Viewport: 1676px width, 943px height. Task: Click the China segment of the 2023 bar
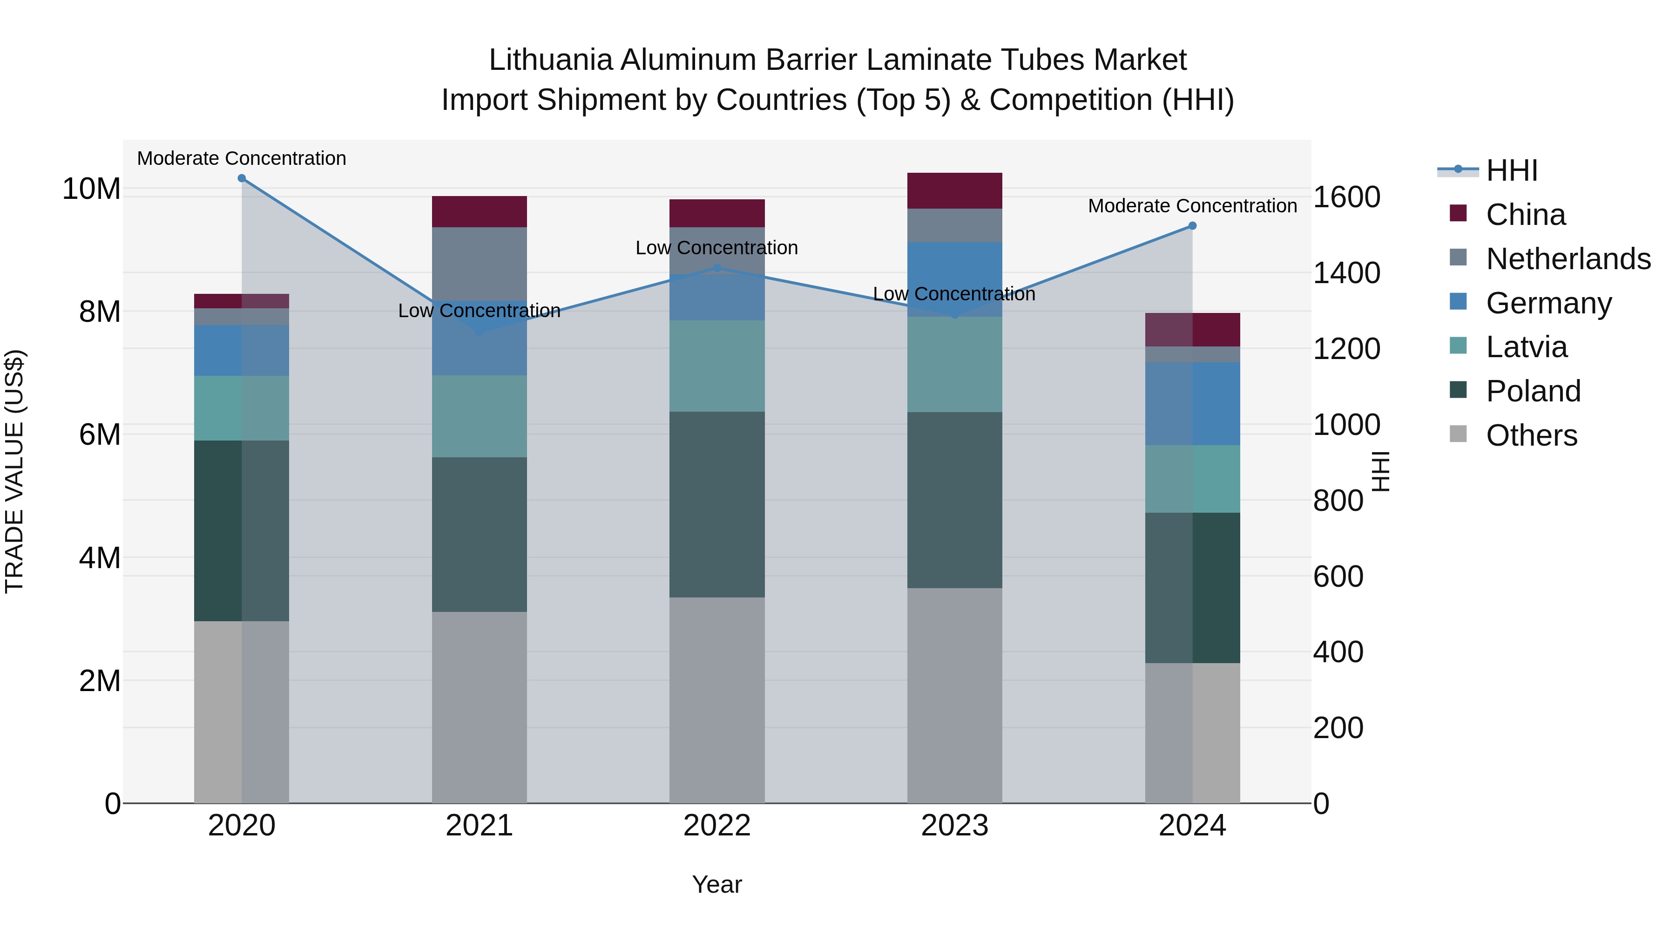(954, 190)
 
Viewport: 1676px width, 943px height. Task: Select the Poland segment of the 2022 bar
(717, 504)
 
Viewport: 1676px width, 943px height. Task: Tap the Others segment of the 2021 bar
(480, 707)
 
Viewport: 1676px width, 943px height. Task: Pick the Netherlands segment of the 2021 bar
(480, 263)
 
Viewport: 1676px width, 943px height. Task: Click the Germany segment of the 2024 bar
(1193, 403)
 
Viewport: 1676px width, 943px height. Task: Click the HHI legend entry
(1511, 170)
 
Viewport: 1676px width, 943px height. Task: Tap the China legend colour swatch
(1458, 213)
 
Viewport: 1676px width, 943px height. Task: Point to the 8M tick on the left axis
(100, 312)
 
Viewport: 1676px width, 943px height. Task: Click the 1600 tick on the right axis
(1346, 197)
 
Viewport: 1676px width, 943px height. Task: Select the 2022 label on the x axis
(717, 826)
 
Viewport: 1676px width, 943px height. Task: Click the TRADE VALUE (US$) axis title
(14, 472)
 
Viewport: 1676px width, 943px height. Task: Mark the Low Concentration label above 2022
(716, 248)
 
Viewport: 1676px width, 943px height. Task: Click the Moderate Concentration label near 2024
(1192, 206)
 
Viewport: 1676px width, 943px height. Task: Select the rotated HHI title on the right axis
(1380, 472)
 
